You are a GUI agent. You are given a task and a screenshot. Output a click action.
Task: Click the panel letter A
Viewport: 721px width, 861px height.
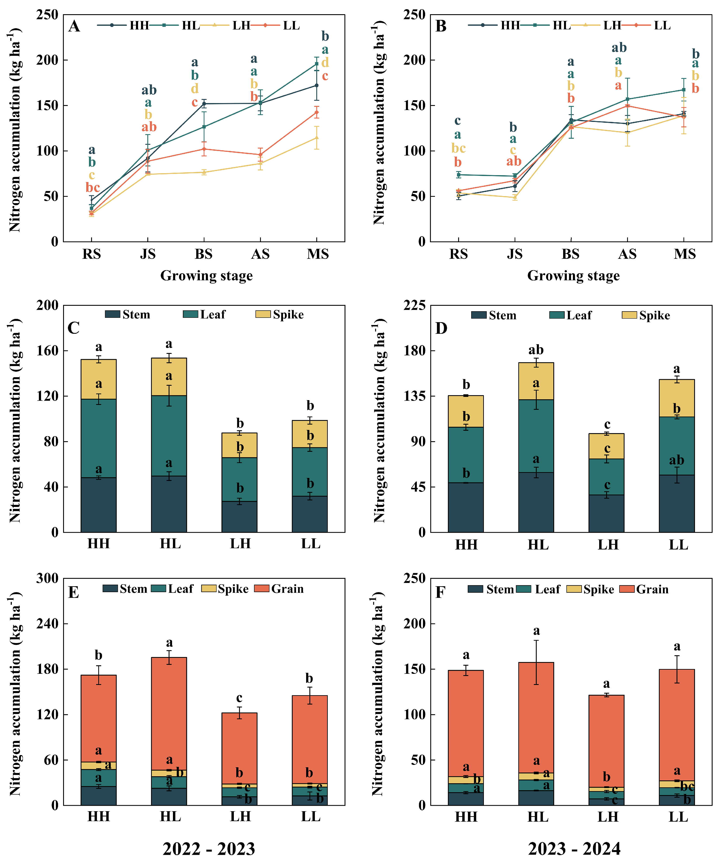[74, 26]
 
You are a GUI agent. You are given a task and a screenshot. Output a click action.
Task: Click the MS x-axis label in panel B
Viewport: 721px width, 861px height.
[685, 254]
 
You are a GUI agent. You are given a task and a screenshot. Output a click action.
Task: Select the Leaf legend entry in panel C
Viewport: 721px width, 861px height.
[212, 315]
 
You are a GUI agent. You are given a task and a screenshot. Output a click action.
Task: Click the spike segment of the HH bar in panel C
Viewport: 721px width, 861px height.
[98, 379]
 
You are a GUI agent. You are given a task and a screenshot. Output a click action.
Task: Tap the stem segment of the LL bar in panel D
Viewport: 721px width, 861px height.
[677, 503]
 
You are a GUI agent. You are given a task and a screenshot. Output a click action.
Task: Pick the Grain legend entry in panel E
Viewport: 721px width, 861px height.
[287, 589]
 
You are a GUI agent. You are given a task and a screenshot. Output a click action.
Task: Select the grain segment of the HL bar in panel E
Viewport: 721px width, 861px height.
[169, 713]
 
